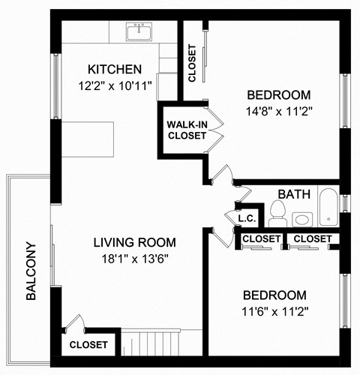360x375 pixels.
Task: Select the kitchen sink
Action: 139,32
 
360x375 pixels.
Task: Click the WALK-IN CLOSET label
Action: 187,130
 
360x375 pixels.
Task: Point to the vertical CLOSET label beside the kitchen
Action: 193,64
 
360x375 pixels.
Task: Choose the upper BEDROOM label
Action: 278,94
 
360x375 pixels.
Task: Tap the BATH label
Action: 294,194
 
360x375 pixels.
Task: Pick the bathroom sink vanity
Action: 303,219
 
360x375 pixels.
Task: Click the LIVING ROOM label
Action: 135,242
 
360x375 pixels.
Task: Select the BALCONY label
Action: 31,271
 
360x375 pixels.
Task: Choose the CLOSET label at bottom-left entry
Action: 88,345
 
